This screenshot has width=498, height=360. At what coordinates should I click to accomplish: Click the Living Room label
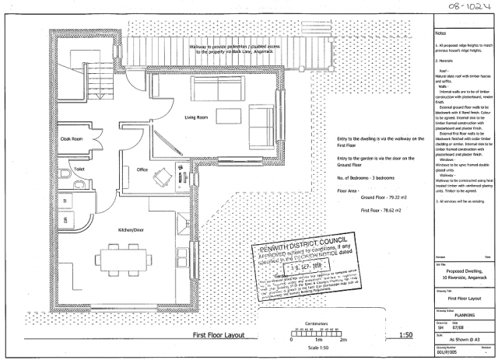click(198, 118)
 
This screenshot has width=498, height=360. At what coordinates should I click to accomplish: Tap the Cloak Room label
click(72, 138)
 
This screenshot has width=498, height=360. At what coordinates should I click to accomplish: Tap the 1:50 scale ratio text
click(405, 335)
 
